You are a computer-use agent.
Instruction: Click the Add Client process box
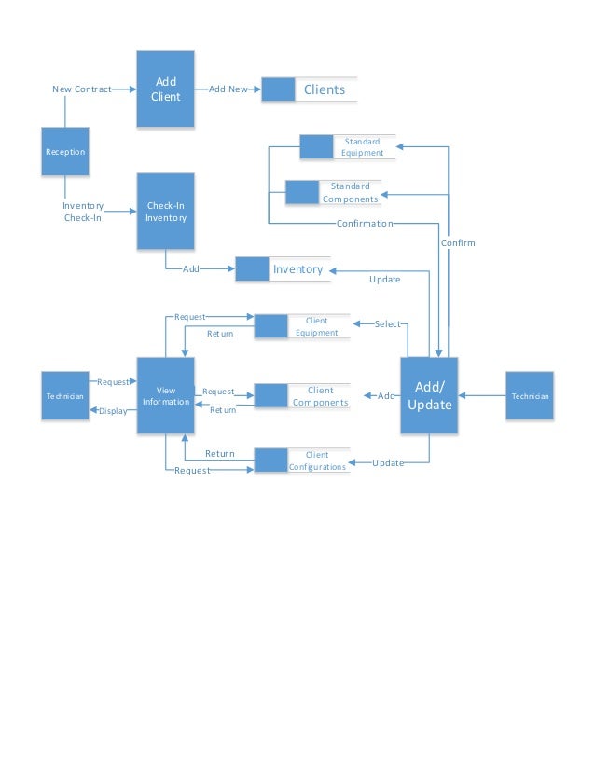point(166,89)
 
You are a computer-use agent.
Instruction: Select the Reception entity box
point(65,152)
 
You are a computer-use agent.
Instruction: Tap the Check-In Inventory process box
point(166,212)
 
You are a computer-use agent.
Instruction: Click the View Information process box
point(166,395)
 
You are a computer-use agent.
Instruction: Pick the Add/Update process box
point(429,395)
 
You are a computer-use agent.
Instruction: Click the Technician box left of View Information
point(65,396)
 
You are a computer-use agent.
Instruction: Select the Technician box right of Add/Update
point(529,396)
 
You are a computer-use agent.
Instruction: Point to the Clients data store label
point(325,89)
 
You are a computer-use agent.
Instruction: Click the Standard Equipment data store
point(348,147)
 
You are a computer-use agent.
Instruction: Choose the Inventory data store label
point(297,269)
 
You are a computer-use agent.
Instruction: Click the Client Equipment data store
point(302,326)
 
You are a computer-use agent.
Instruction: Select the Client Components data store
point(302,396)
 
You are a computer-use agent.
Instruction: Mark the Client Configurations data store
point(302,461)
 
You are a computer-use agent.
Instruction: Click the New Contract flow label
point(81,89)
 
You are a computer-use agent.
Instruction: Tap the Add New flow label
point(228,89)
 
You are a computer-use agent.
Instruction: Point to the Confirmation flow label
point(364,224)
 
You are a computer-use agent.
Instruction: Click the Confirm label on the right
point(458,242)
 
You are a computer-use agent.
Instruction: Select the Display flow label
point(113,410)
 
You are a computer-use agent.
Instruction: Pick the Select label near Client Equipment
point(387,324)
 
